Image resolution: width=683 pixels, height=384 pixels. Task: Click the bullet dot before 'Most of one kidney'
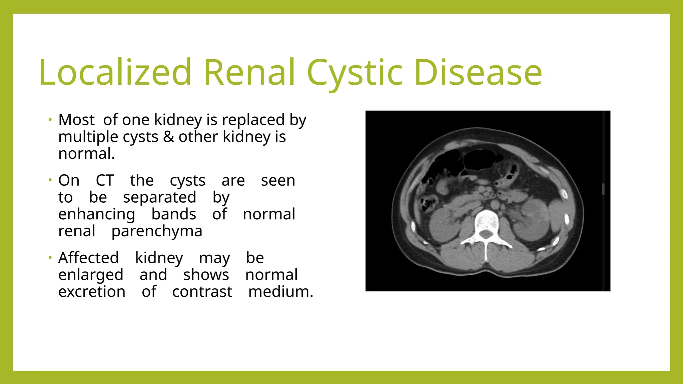click(50, 119)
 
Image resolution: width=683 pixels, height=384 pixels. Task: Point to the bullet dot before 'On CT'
click(50, 180)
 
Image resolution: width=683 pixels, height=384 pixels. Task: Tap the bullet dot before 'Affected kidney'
click(50, 258)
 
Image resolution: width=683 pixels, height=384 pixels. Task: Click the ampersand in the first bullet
click(168, 137)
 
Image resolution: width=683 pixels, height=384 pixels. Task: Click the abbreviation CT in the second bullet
click(105, 180)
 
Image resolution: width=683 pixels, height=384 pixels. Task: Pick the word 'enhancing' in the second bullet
click(97, 214)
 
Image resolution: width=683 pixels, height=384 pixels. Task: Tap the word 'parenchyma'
click(157, 231)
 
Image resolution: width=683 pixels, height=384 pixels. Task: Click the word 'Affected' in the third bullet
click(88, 258)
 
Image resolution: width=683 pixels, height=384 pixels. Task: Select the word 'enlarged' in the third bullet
click(91, 275)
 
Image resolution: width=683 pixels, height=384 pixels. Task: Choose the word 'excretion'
click(92, 292)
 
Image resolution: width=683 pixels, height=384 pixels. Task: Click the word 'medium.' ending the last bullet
click(281, 292)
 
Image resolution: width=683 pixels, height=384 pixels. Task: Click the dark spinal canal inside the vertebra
click(486, 235)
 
